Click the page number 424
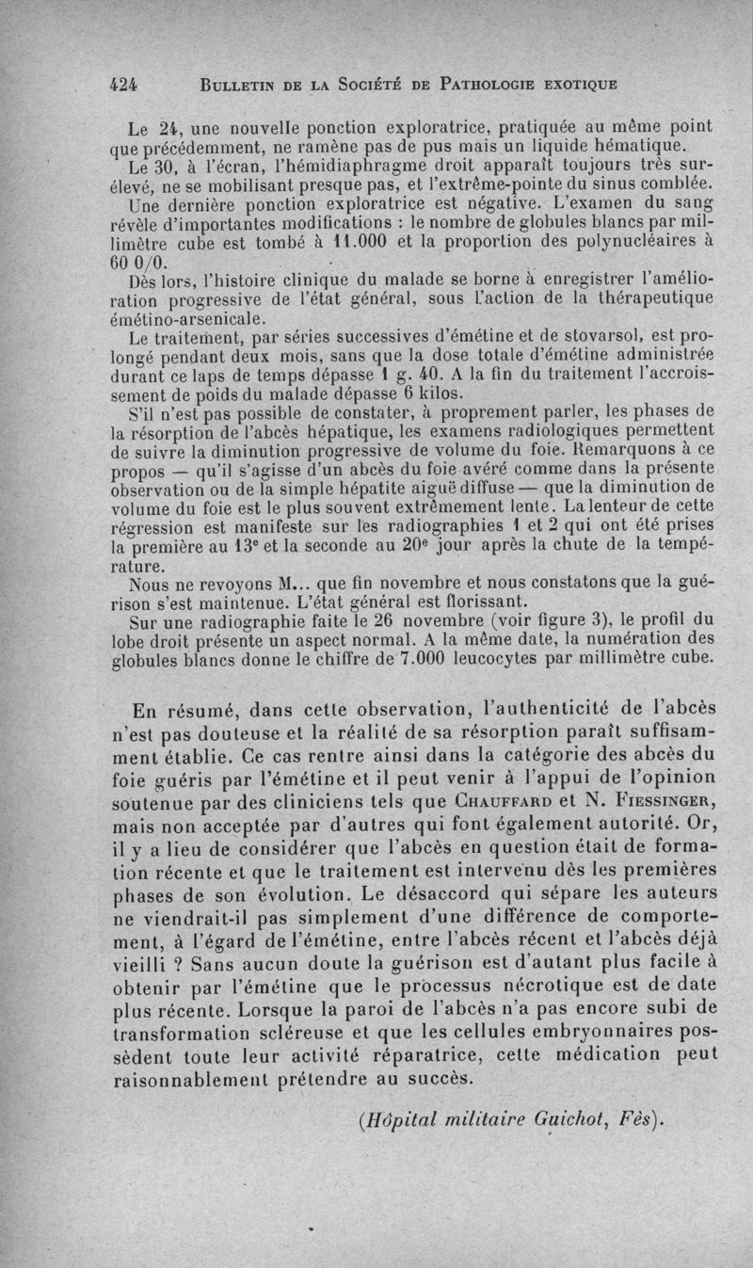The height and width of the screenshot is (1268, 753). (x=124, y=83)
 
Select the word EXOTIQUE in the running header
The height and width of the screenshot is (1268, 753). (x=574, y=84)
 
